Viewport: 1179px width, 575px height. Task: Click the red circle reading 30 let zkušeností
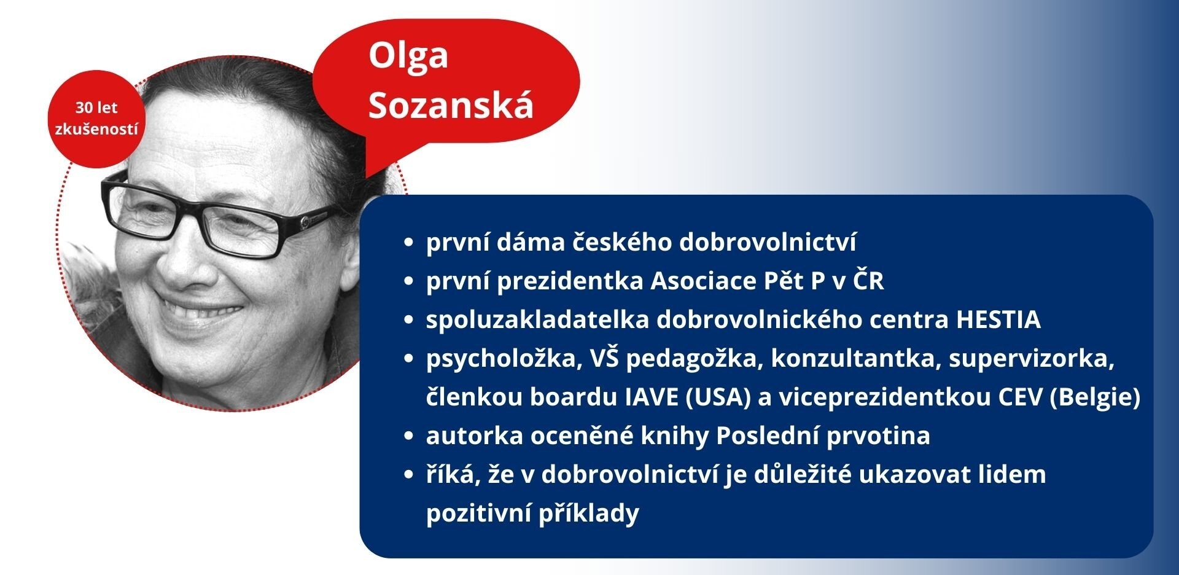click(x=96, y=119)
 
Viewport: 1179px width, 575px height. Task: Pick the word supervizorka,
click(x=1032, y=359)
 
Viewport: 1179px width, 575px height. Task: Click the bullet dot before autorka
click(x=409, y=437)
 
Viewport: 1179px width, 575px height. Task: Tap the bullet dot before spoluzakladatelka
click(x=409, y=321)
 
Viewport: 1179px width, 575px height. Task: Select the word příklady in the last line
click(x=589, y=514)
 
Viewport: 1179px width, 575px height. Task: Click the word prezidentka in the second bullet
click(x=570, y=281)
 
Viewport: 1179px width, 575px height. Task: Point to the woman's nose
click(x=184, y=258)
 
